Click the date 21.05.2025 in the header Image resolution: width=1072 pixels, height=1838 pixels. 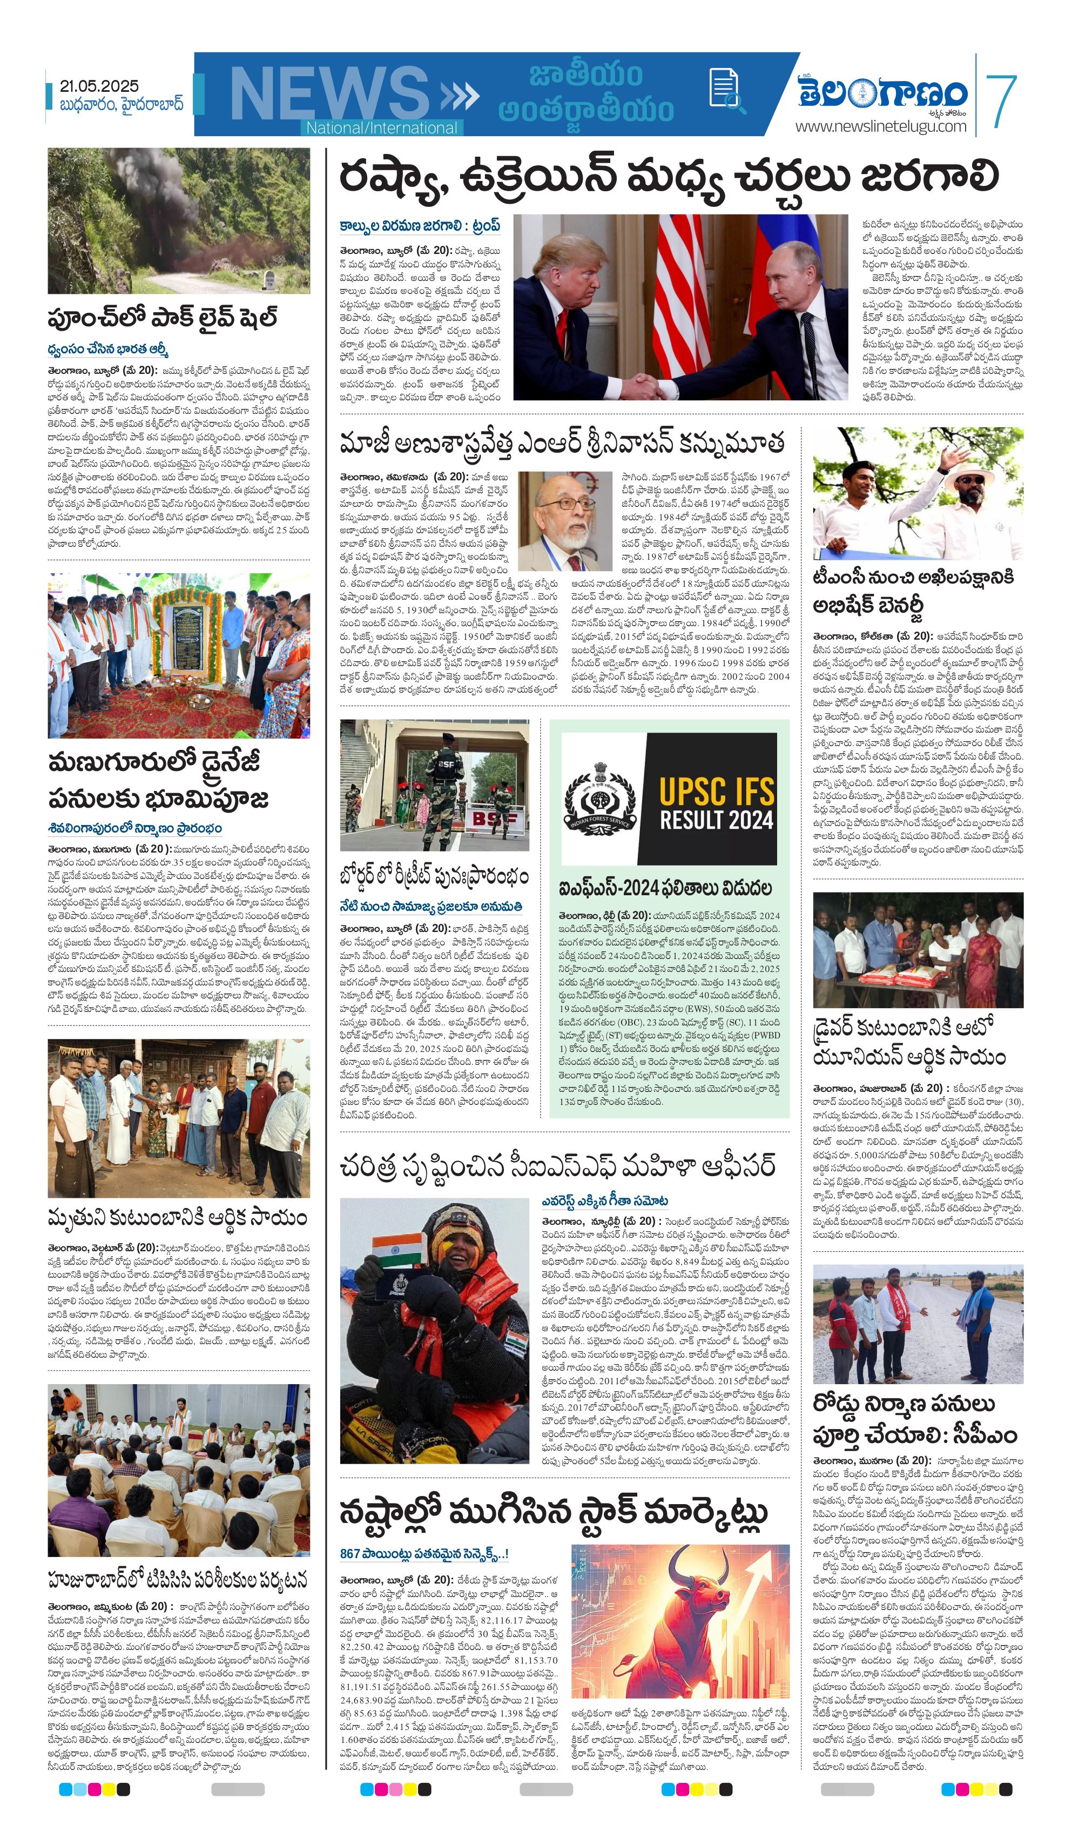pos(100,86)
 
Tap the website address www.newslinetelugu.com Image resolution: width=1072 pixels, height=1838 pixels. pos(880,126)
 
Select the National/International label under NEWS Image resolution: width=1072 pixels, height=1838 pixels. pos(381,128)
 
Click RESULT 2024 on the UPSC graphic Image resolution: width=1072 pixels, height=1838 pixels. pos(716,820)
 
